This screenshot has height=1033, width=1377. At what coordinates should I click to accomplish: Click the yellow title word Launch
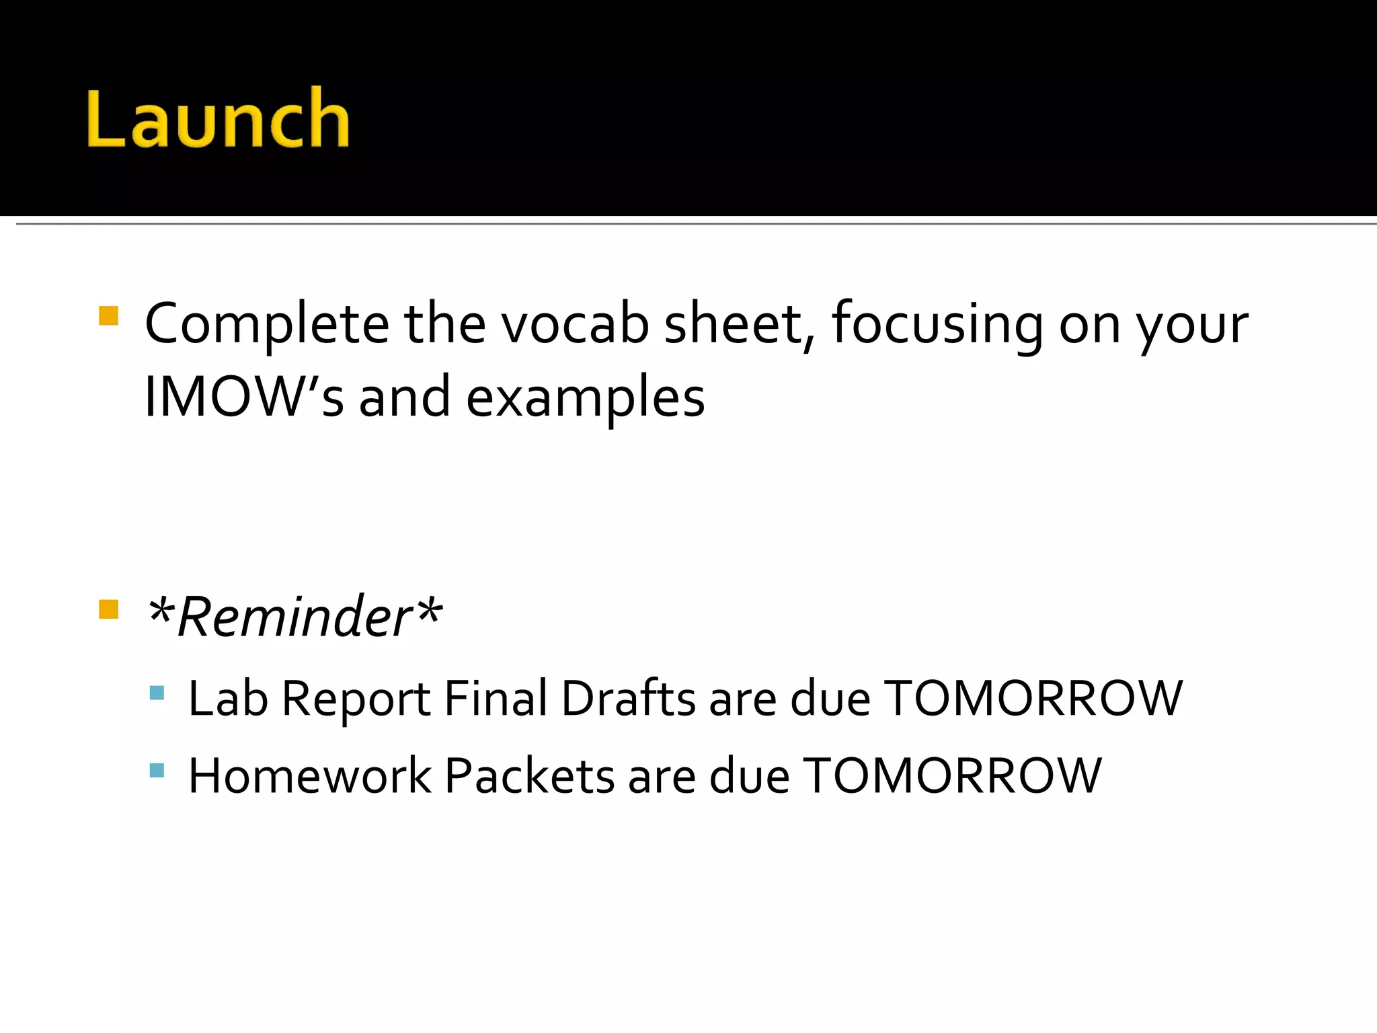click(219, 118)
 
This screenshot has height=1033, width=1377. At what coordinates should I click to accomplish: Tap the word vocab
click(576, 324)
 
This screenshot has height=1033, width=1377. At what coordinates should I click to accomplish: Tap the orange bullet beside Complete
click(108, 316)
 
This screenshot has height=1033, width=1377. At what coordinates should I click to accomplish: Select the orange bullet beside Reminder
click(108, 609)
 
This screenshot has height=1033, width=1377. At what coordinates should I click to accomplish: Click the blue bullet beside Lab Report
click(157, 693)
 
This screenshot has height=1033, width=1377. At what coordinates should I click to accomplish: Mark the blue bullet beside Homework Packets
click(157, 770)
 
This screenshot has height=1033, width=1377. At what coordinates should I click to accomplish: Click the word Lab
click(228, 698)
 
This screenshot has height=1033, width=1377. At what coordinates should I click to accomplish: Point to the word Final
click(496, 698)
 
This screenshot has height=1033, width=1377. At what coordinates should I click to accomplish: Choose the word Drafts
click(628, 698)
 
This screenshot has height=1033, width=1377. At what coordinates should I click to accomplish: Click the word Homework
click(309, 776)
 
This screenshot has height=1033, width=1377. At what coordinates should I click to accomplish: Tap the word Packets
click(530, 776)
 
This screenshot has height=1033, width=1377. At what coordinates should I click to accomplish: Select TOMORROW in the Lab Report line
click(1033, 698)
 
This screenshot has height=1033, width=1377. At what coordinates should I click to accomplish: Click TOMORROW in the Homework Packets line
click(952, 776)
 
